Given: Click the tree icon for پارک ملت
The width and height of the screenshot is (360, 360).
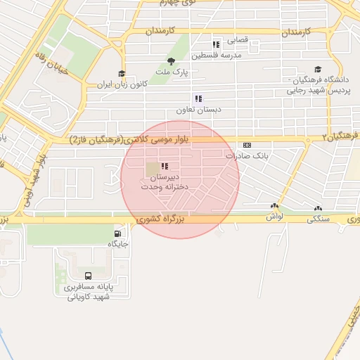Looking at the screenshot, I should [171, 60].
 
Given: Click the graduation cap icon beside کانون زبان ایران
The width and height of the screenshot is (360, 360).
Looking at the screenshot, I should [122, 73].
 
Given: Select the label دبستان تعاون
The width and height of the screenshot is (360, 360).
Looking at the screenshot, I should [199, 110].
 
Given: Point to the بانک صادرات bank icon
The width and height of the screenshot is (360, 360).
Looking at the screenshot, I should [247, 144].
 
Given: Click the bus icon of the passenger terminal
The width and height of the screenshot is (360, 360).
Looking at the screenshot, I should [88, 276].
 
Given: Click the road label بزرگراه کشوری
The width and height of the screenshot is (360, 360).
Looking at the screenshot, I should [162, 220].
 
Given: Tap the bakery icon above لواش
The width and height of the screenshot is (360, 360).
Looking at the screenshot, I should [274, 207].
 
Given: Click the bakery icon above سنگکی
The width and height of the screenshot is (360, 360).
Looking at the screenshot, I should [318, 208].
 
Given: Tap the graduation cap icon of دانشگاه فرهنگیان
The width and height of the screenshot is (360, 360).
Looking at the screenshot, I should [319, 70].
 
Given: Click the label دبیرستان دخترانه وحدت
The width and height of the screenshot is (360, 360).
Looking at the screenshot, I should [161, 183].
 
